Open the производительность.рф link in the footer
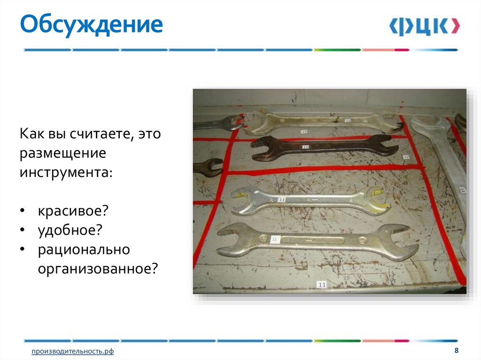click(72, 351)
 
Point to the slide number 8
click(456, 351)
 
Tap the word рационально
click(84, 249)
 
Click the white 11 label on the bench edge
click(322, 284)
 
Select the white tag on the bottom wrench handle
click(276, 239)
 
